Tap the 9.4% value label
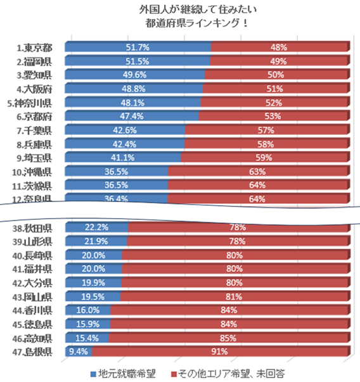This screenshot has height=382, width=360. coord(78,352)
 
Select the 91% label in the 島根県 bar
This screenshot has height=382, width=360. coord(220,352)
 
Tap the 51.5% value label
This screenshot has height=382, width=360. coord(138,61)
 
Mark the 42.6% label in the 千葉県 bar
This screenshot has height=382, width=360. coord(125,131)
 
